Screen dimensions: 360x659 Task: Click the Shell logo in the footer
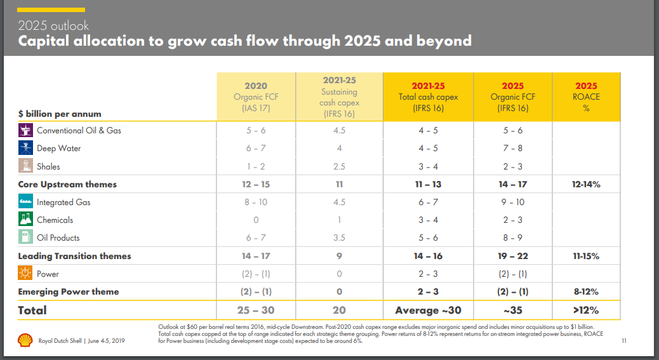pos(25,341)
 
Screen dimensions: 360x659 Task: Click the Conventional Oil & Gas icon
pos(26,130)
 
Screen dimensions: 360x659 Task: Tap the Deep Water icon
pos(26,148)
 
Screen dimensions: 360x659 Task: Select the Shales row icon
pos(26,166)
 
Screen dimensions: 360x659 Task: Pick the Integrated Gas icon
pos(26,202)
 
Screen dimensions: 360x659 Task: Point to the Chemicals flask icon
pos(26,220)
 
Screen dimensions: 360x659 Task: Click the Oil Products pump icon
pos(26,237)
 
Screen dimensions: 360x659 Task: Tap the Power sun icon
pos(26,274)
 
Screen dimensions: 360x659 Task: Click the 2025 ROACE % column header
pos(586,97)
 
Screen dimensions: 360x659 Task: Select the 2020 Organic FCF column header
pos(256,97)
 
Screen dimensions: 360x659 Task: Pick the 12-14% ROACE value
pos(586,184)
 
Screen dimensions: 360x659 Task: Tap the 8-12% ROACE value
pos(586,292)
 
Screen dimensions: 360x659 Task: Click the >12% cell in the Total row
pos(586,310)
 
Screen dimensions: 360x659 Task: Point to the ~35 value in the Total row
pos(512,310)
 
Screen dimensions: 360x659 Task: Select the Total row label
pos(32,310)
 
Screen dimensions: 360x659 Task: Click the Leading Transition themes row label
pos(74,256)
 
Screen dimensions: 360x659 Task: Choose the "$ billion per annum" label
pos(60,113)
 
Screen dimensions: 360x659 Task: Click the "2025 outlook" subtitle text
pos(53,26)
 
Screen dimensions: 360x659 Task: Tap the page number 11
pos(624,341)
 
